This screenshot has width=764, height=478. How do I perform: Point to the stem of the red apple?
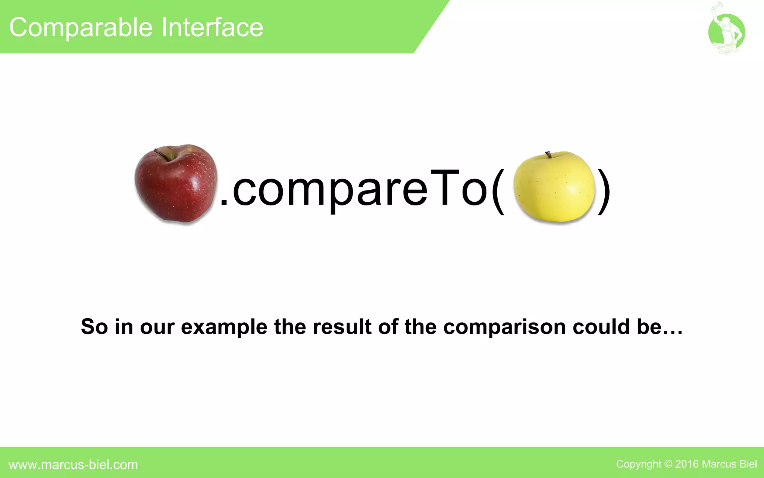pyautogui.click(x=161, y=153)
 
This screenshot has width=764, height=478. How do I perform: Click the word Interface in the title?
pyautogui.click(x=212, y=28)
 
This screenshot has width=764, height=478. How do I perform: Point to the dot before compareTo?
pyautogui.click(x=224, y=202)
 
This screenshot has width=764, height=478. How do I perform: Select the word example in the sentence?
pyautogui.click(x=224, y=327)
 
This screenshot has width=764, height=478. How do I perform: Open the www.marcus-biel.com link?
pyautogui.click(x=73, y=465)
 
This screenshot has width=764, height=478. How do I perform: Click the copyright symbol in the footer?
pyautogui.click(x=668, y=464)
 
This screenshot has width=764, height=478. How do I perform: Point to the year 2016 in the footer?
pyautogui.click(x=687, y=464)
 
